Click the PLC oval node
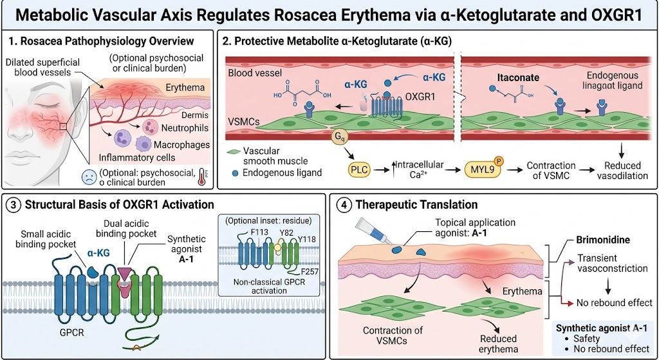pos(360,171)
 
